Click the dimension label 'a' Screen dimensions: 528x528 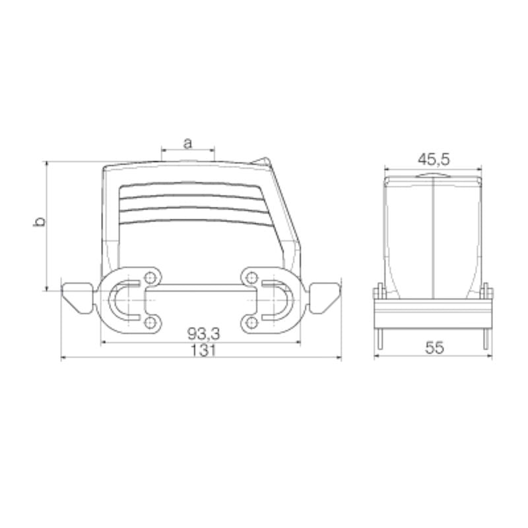(187, 142)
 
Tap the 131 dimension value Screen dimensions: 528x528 (201, 350)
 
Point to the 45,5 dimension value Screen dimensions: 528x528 (434, 159)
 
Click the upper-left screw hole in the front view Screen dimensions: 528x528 (152, 277)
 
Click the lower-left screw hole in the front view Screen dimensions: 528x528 (152, 322)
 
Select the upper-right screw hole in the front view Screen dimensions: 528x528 (251, 277)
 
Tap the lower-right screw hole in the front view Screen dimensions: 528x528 (251, 322)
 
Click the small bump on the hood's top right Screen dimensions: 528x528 (263, 160)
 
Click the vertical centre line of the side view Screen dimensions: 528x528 (433, 238)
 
